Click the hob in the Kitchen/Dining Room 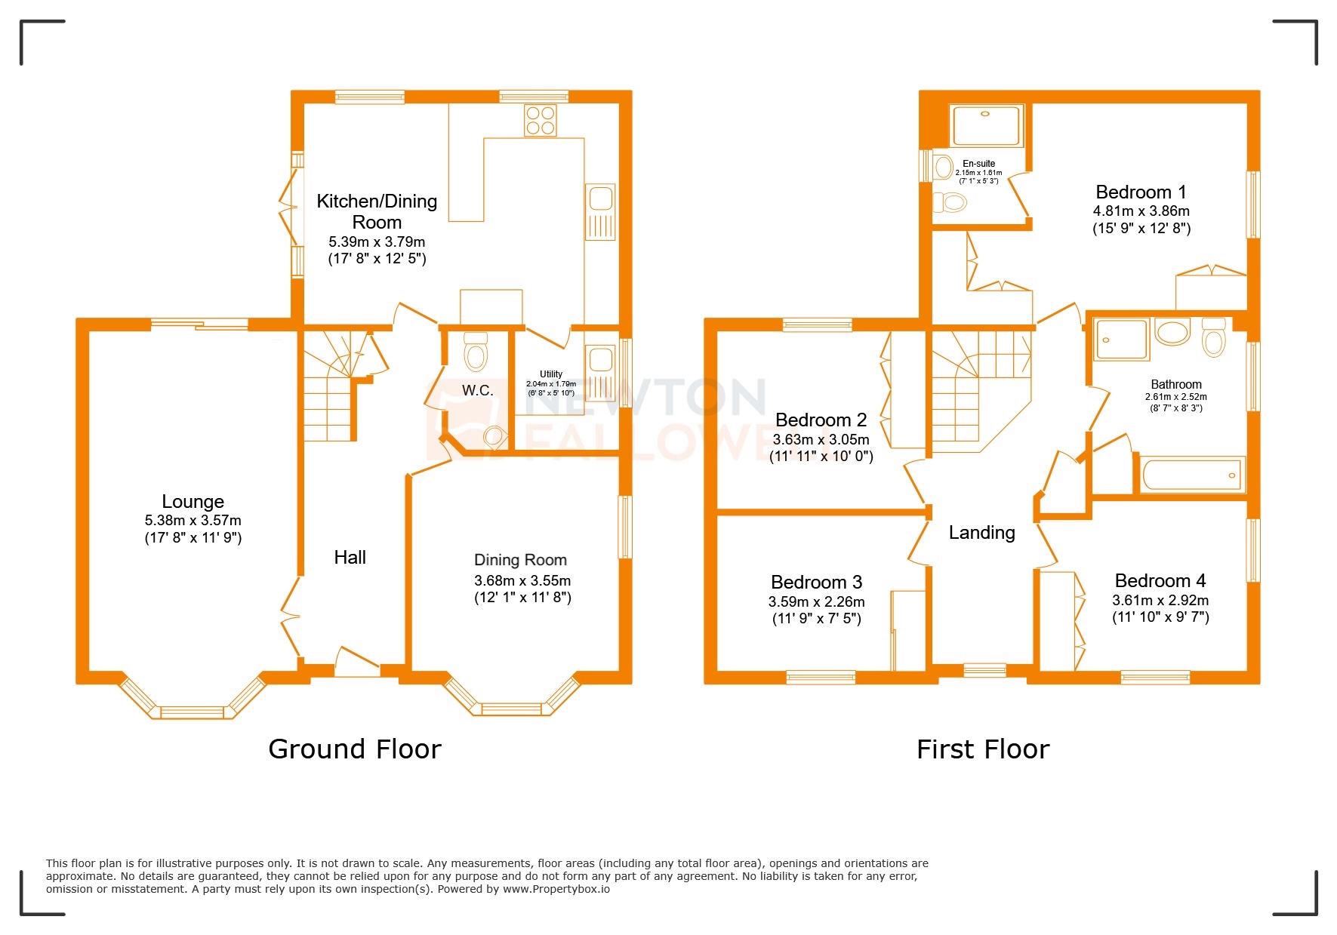click(541, 121)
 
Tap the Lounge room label click(193, 502)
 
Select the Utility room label click(551, 374)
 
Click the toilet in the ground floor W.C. click(476, 352)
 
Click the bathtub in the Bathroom click(1191, 475)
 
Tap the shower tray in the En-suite click(986, 126)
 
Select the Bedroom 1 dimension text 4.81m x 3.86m click(1141, 211)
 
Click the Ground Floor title click(354, 749)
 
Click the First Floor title click(982, 749)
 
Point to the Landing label click(981, 533)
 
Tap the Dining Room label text click(520, 560)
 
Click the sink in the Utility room click(601, 360)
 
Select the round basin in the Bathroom click(1172, 333)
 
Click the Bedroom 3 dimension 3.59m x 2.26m click(816, 602)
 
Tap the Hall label click(350, 558)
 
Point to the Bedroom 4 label click(1160, 581)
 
